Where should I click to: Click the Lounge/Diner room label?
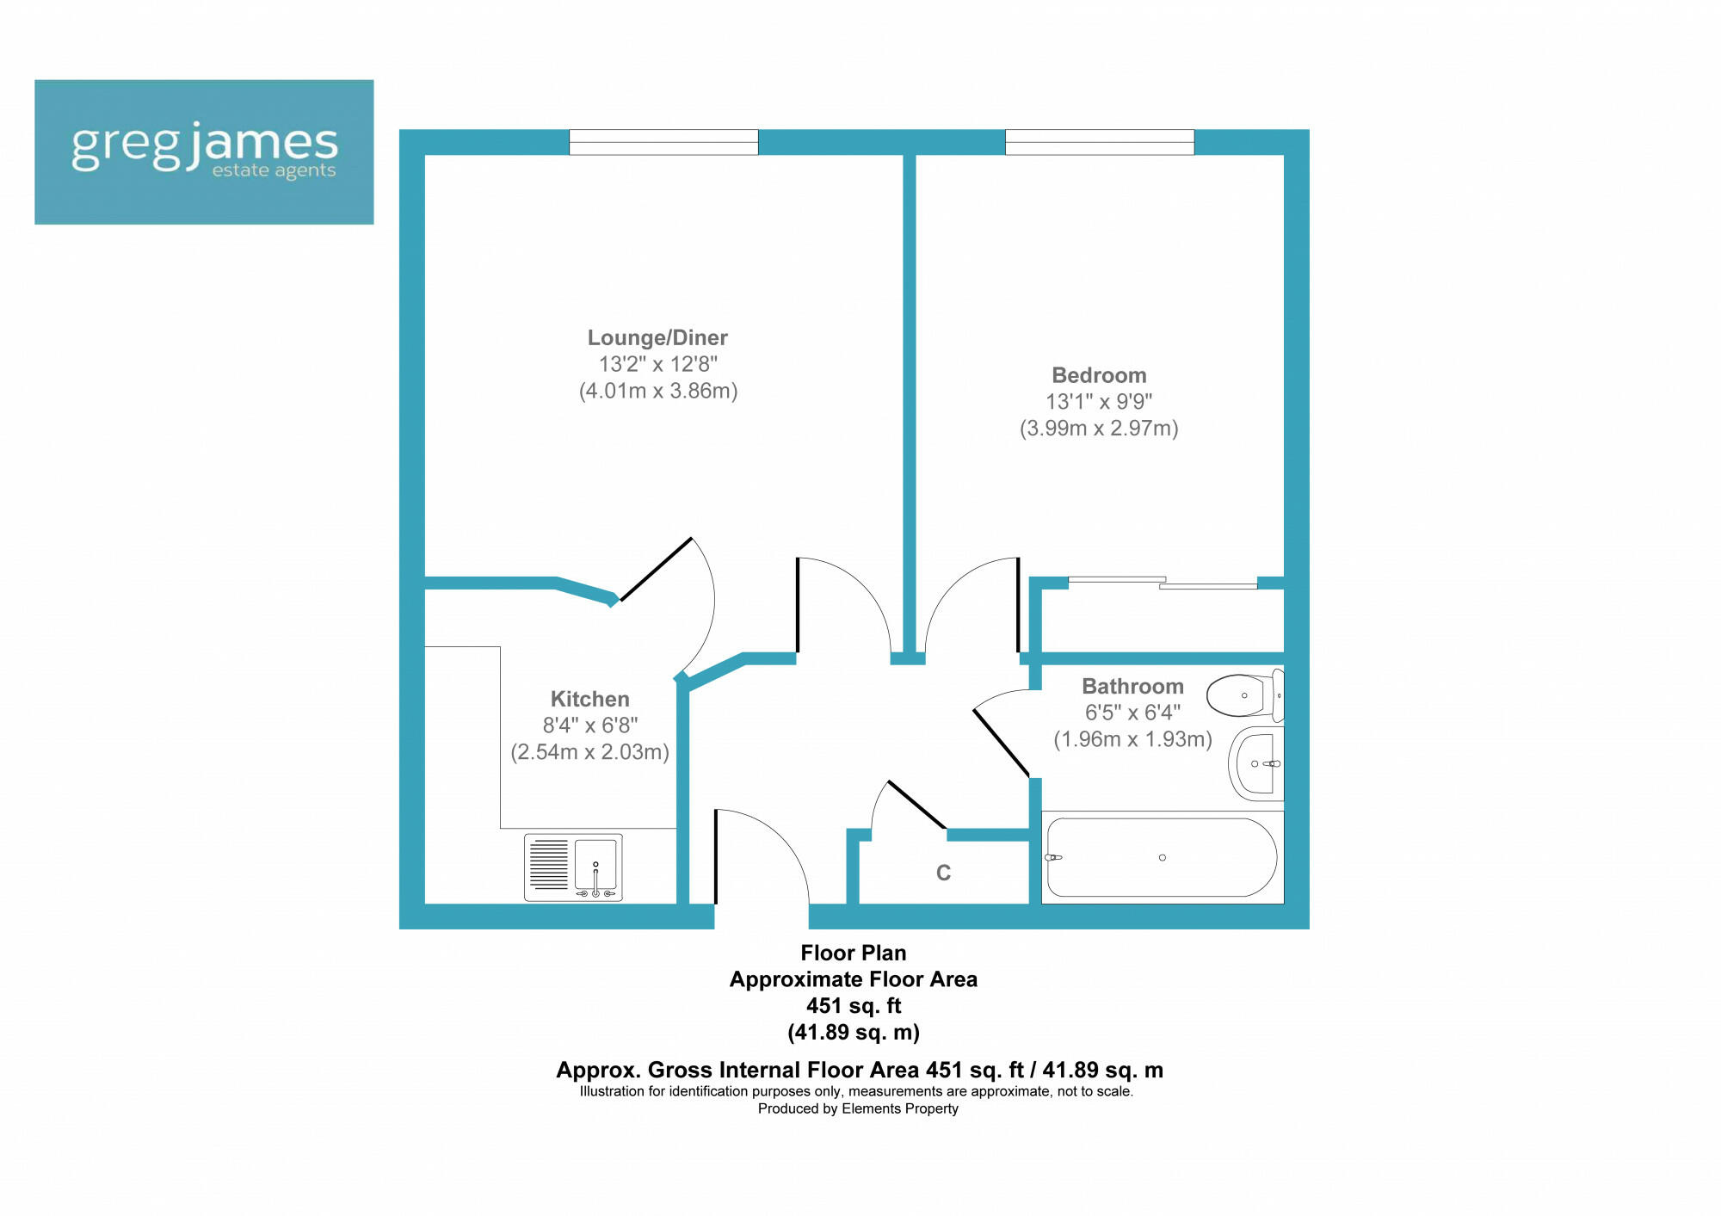(657, 337)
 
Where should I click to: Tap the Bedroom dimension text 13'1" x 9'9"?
(1098, 402)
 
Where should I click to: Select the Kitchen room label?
(589, 699)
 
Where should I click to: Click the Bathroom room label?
(1132, 686)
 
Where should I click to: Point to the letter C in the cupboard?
(943, 873)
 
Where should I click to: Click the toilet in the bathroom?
(1243, 695)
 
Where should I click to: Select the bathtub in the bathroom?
(1162, 857)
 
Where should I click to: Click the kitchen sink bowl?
(595, 863)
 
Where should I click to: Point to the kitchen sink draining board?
(549, 864)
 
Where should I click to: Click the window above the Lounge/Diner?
(663, 142)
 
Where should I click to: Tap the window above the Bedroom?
(1099, 142)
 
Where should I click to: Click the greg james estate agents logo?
(204, 152)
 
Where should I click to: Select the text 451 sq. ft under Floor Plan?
(853, 1005)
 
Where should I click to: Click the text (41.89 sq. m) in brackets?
(853, 1032)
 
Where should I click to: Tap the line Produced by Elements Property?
(857, 1108)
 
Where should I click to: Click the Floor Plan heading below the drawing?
(853, 953)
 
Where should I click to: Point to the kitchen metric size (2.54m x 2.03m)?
(589, 752)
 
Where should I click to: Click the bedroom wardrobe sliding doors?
(1162, 583)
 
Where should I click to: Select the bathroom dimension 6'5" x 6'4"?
(1132, 713)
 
